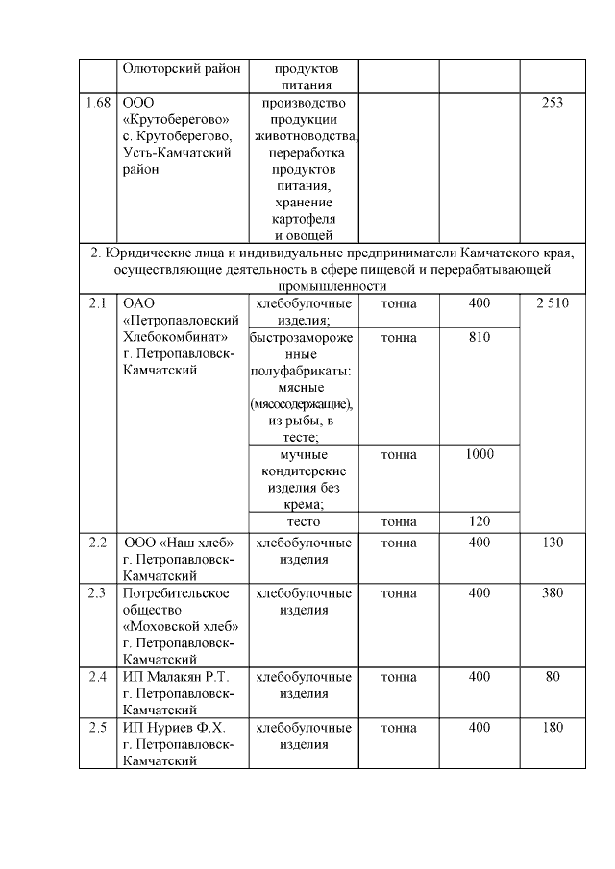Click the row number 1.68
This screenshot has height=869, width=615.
click(x=96, y=102)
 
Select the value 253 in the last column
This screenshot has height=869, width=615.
click(x=553, y=102)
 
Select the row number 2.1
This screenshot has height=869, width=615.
click(x=96, y=303)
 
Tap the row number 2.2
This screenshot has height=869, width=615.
click(x=96, y=543)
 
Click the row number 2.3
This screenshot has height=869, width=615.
click(x=96, y=592)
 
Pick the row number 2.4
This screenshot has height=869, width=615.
click(x=96, y=677)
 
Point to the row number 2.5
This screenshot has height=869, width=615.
click(x=96, y=727)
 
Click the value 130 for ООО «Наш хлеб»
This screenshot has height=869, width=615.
click(x=553, y=543)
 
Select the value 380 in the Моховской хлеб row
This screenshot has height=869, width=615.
click(x=553, y=592)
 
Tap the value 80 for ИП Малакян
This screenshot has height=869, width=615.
click(x=553, y=677)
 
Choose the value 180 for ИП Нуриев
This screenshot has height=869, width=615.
click(x=553, y=727)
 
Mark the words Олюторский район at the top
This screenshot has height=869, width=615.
click(x=178, y=69)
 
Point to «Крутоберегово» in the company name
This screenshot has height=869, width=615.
click(x=175, y=119)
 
